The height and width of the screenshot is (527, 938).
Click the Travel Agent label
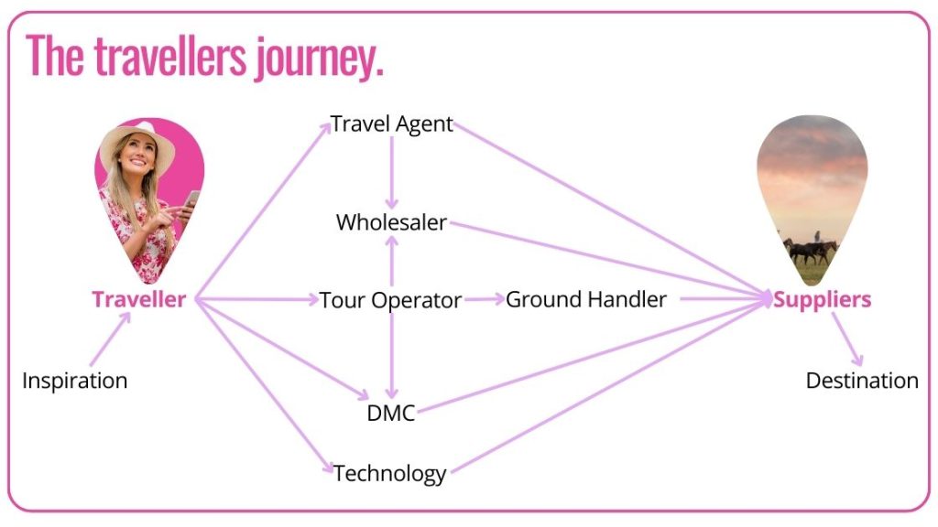[x=392, y=124]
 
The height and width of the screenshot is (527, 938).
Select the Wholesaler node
[x=391, y=222]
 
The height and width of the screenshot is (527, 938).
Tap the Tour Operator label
[x=390, y=300]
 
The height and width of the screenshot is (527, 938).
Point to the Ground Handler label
[x=586, y=299]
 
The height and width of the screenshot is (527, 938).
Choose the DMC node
[x=390, y=413]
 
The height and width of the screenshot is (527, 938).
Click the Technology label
[x=390, y=473]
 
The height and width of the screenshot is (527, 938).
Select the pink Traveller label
[x=138, y=299]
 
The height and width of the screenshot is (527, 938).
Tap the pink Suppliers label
[x=822, y=299]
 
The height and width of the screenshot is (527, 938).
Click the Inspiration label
[x=74, y=381]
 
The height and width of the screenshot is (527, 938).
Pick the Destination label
[x=862, y=381]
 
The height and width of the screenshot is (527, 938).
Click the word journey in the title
[x=316, y=57]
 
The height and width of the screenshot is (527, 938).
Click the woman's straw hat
[x=137, y=137]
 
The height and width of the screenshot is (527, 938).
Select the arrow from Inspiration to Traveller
[x=110, y=339]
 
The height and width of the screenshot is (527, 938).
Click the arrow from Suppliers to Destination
[x=846, y=339]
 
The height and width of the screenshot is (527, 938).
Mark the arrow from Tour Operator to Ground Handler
[x=484, y=299]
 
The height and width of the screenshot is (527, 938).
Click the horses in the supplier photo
[x=810, y=249]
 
